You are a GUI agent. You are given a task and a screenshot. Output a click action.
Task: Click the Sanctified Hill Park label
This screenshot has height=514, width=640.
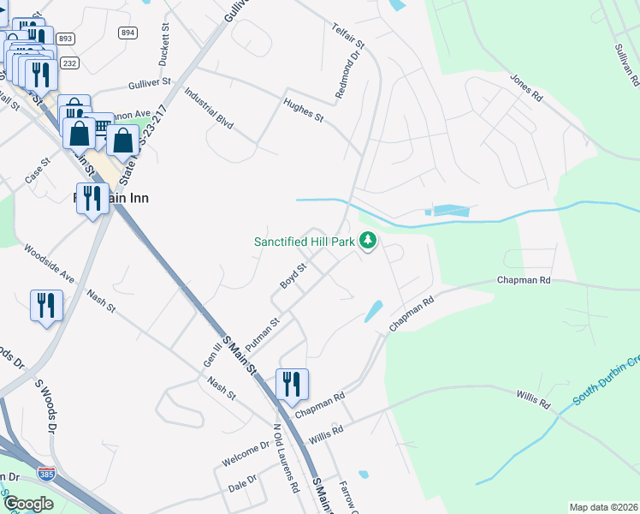click(x=304, y=242)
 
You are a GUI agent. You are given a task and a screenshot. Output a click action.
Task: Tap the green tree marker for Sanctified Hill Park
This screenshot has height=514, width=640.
click(x=368, y=241)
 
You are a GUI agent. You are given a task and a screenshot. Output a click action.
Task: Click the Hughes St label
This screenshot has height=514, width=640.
click(x=303, y=111)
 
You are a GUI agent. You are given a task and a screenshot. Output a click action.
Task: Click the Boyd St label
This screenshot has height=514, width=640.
click(x=293, y=275)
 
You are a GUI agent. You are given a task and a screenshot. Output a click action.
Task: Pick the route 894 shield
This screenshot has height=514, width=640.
click(x=127, y=33)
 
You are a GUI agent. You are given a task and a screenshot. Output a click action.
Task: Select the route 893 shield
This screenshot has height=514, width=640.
click(x=66, y=39)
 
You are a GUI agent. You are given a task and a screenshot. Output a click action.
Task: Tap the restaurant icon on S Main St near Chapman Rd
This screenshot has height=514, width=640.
click(x=292, y=385)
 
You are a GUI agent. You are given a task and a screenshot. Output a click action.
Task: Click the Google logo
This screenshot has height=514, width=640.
click(x=27, y=504)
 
